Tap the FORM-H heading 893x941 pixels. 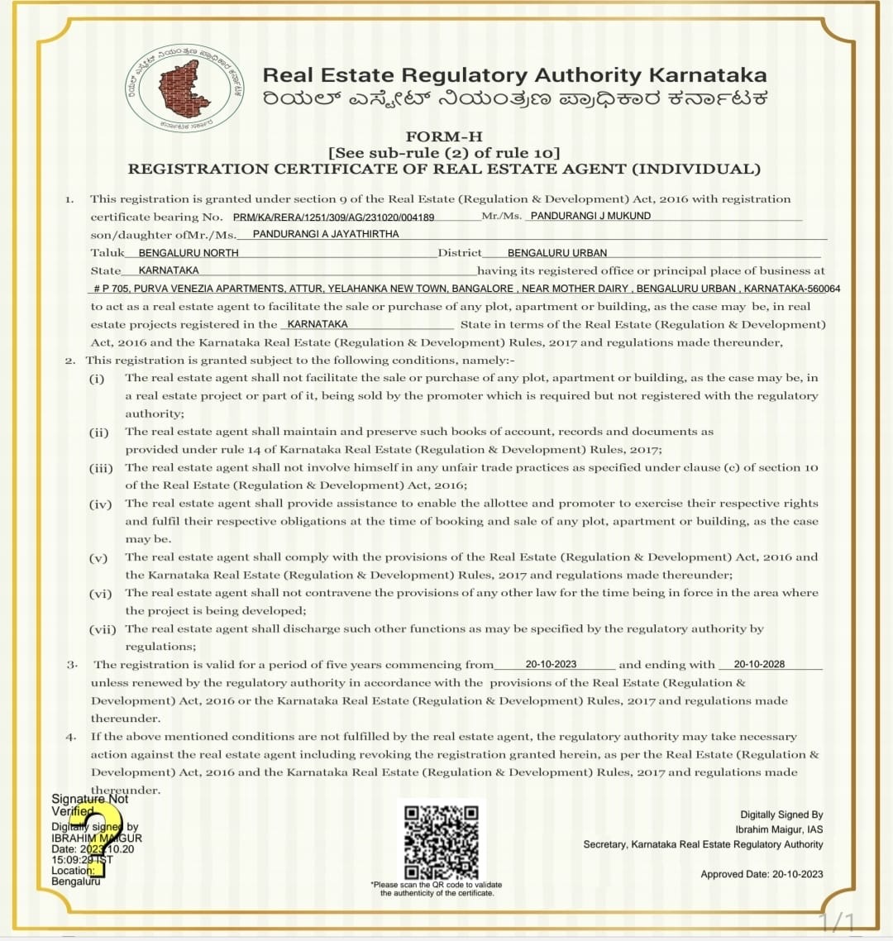tap(444, 136)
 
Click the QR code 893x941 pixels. tap(442, 840)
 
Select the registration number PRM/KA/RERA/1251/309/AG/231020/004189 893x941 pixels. tap(333, 217)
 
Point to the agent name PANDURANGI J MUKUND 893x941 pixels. tap(590, 216)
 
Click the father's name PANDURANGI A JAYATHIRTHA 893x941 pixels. tap(326, 234)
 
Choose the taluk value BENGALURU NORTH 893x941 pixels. tap(189, 253)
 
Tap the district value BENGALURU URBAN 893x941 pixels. tap(557, 253)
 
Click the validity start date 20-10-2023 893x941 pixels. tap(551, 664)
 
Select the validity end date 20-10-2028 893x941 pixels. tap(759, 664)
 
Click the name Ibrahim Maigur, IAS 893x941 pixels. tap(779, 829)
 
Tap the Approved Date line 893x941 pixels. tap(762, 874)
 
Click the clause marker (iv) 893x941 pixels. tap(100, 504)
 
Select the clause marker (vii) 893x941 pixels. tap(103, 629)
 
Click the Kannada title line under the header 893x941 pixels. tap(515, 98)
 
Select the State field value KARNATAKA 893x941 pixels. tap(169, 270)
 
